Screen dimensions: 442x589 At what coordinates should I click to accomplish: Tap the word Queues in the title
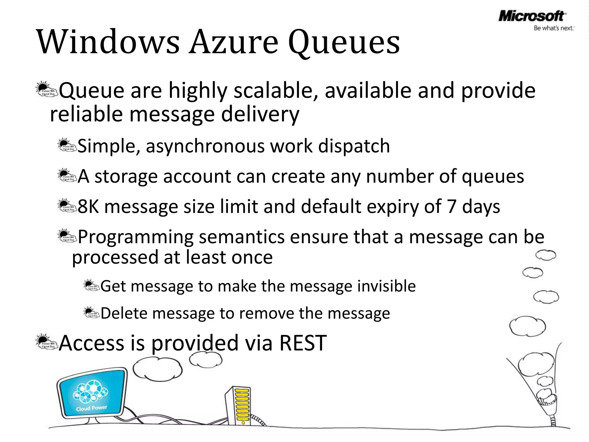pyautogui.click(x=344, y=43)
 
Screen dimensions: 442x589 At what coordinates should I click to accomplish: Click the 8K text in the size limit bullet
pyautogui.click(x=88, y=207)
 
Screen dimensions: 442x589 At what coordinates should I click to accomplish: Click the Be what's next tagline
pyautogui.click(x=554, y=28)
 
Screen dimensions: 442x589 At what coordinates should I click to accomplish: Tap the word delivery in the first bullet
pyautogui.click(x=260, y=114)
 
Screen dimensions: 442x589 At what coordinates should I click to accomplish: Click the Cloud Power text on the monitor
pyautogui.click(x=91, y=408)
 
